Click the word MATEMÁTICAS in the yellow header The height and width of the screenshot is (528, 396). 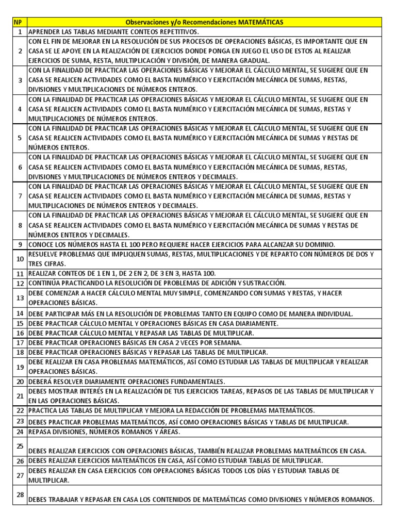click(x=260, y=22)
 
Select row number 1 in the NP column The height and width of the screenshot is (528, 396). click(x=20, y=31)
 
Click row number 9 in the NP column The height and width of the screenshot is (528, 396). click(x=20, y=244)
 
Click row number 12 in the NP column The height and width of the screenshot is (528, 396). click(x=20, y=283)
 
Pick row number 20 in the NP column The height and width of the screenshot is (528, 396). click(x=20, y=382)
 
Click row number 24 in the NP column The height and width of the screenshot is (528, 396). click(x=20, y=431)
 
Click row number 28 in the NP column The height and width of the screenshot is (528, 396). click(x=20, y=495)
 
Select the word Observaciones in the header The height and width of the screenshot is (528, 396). click(x=148, y=22)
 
